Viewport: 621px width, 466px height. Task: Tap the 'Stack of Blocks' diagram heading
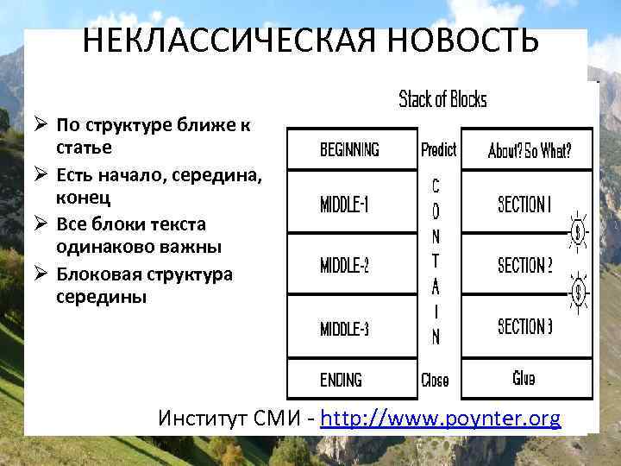pyautogui.click(x=442, y=99)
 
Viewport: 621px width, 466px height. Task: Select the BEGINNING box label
pyautogui.click(x=349, y=150)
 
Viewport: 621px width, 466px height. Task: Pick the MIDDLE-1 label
pyautogui.click(x=345, y=205)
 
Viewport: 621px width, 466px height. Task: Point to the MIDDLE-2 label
pyautogui.click(x=345, y=266)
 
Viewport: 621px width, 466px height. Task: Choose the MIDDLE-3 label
pyautogui.click(x=345, y=328)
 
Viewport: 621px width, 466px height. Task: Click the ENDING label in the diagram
pyautogui.click(x=341, y=380)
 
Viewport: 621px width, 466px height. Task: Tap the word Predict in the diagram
pyautogui.click(x=438, y=150)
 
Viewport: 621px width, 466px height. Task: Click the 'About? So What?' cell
pyautogui.click(x=529, y=151)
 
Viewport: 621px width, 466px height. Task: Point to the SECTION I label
pyautogui.click(x=524, y=205)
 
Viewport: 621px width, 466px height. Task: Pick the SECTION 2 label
pyautogui.click(x=524, y=265)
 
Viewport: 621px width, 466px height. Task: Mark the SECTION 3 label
pyautogui.click(x=524, y=327)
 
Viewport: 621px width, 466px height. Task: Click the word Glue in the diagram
pyautogui.click(x=524, y=378)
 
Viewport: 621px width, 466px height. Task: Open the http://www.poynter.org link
pyautogui.click(x=440, y=419)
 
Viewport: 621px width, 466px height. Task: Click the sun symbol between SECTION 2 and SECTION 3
pyautogui.click(x=579, y=293)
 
